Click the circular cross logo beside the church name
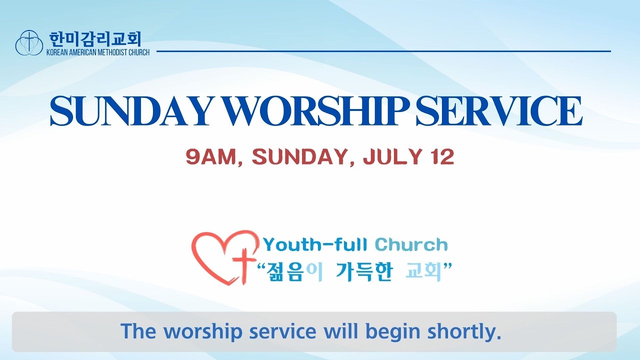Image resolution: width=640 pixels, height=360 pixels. pos(29,42)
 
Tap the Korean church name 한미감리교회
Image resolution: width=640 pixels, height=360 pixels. pos(95,39)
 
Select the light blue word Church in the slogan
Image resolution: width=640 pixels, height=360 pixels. pos(411,245)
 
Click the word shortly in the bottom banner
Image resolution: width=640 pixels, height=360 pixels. pos(464,331)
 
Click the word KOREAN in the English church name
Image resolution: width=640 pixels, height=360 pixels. pos(57,52)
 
